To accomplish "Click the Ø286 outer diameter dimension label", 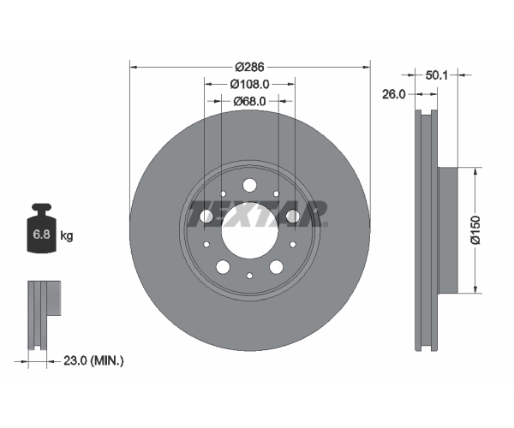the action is point(249,67).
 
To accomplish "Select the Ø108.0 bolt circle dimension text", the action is point(249,85).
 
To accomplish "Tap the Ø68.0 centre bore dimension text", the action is point(249,102).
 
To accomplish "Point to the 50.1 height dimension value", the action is point(436,75).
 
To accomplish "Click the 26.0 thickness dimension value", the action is point(394,94).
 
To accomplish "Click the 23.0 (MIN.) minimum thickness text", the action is point(93,361).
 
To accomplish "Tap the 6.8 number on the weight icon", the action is point(42,235).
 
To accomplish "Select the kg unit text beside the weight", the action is point(67,235).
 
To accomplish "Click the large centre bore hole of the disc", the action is point(249,230).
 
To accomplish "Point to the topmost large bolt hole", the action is point(249,186).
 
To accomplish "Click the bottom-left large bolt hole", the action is point(223,267).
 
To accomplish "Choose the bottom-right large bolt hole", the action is point(277,267).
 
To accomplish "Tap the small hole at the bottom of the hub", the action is point(249,276).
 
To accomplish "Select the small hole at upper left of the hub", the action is point(223,193).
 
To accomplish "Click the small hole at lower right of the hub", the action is point(293,244).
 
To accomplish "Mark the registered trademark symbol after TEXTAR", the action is point(326,224).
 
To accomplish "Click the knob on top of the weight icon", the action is point(42,208).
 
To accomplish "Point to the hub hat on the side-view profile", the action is point(447,230).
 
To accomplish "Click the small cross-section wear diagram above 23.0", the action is point(45,315).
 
